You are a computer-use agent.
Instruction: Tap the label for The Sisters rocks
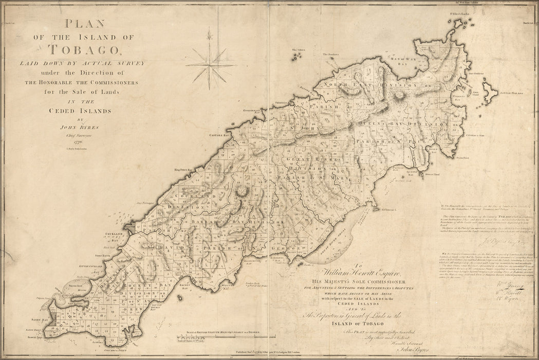click(299, 50)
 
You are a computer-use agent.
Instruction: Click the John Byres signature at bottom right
click(368, 352)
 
